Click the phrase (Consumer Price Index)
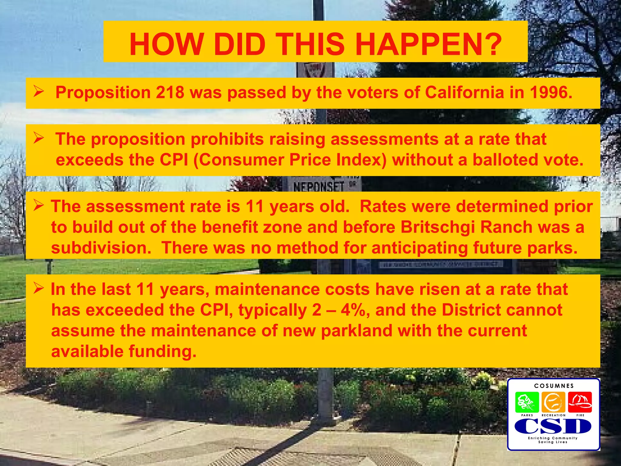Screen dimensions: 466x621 (290, 160)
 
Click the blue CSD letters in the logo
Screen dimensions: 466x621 (553, 426)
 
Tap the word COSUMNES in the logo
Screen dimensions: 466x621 (554, 386)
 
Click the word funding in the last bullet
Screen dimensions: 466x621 (162, 351)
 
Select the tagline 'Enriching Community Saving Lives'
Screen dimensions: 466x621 (553, 440)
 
